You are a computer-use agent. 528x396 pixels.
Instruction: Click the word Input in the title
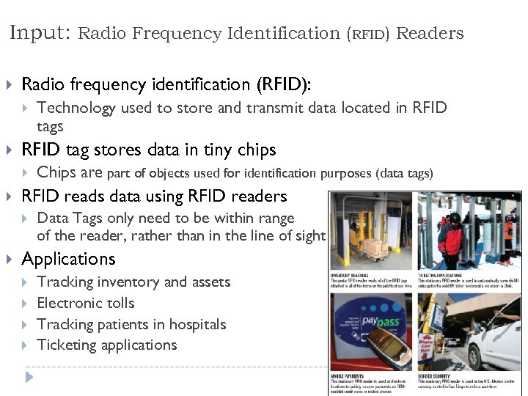40,32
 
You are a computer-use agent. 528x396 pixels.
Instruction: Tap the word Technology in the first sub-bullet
76,108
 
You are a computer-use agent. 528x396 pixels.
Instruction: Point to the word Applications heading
68,259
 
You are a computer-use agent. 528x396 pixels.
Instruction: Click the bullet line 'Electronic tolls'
86,303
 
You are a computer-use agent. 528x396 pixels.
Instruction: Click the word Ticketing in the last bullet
66,345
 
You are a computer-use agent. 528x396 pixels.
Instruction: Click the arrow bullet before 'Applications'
9,259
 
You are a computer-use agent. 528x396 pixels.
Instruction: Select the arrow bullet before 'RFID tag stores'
9,150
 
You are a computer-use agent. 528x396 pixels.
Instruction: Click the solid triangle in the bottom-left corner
29,378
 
